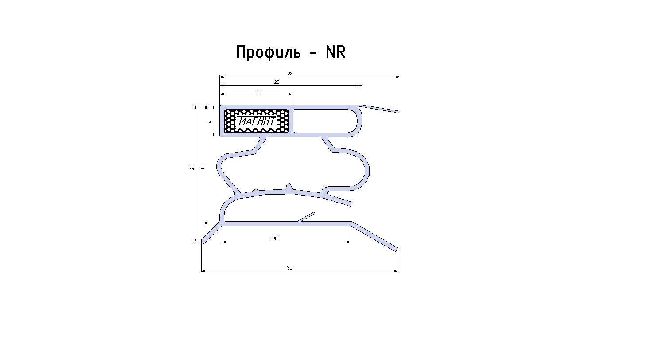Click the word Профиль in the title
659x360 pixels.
pos(269,53)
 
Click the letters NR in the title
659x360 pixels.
pos(335,52)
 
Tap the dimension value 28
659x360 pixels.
pos(290,74)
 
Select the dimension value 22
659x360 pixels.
pos(277,82)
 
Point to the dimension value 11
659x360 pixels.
pos(258,91)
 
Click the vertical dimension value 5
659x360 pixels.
pos(211,122)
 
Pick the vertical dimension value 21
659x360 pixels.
pos(192,168)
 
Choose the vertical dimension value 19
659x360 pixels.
pos(203,167)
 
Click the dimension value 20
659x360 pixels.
pos(275,239)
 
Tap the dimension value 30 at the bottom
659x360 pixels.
pos(290,268)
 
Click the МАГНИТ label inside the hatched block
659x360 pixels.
pos(257,121)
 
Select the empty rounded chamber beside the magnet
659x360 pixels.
pos(325,121)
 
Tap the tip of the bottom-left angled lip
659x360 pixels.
pos(203,242)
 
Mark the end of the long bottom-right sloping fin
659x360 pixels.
pos(396,250)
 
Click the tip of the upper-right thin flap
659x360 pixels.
pos(399,112)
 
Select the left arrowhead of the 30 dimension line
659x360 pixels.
pos(203,271)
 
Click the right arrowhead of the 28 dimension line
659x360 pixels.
pos(398,77)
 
